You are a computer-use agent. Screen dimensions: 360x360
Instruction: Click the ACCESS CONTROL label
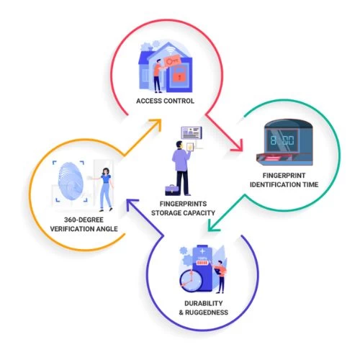165,101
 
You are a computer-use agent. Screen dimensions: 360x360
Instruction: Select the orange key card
172,61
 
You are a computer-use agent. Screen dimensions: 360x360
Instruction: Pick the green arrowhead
214,225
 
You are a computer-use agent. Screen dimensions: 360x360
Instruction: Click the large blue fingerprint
71,181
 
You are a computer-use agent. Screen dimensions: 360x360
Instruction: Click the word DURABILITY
203,303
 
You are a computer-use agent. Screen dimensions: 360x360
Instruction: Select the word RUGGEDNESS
207,312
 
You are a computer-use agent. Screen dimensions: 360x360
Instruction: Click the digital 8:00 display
282,140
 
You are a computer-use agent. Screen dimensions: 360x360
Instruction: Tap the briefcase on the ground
172,190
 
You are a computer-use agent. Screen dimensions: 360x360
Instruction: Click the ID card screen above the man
192,132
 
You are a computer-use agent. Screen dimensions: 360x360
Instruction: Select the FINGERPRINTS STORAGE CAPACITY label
183,208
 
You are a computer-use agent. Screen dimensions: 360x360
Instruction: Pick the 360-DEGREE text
84,220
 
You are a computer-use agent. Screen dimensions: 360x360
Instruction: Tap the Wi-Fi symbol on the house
171,51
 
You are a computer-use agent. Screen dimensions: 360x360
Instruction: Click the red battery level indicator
202,263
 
